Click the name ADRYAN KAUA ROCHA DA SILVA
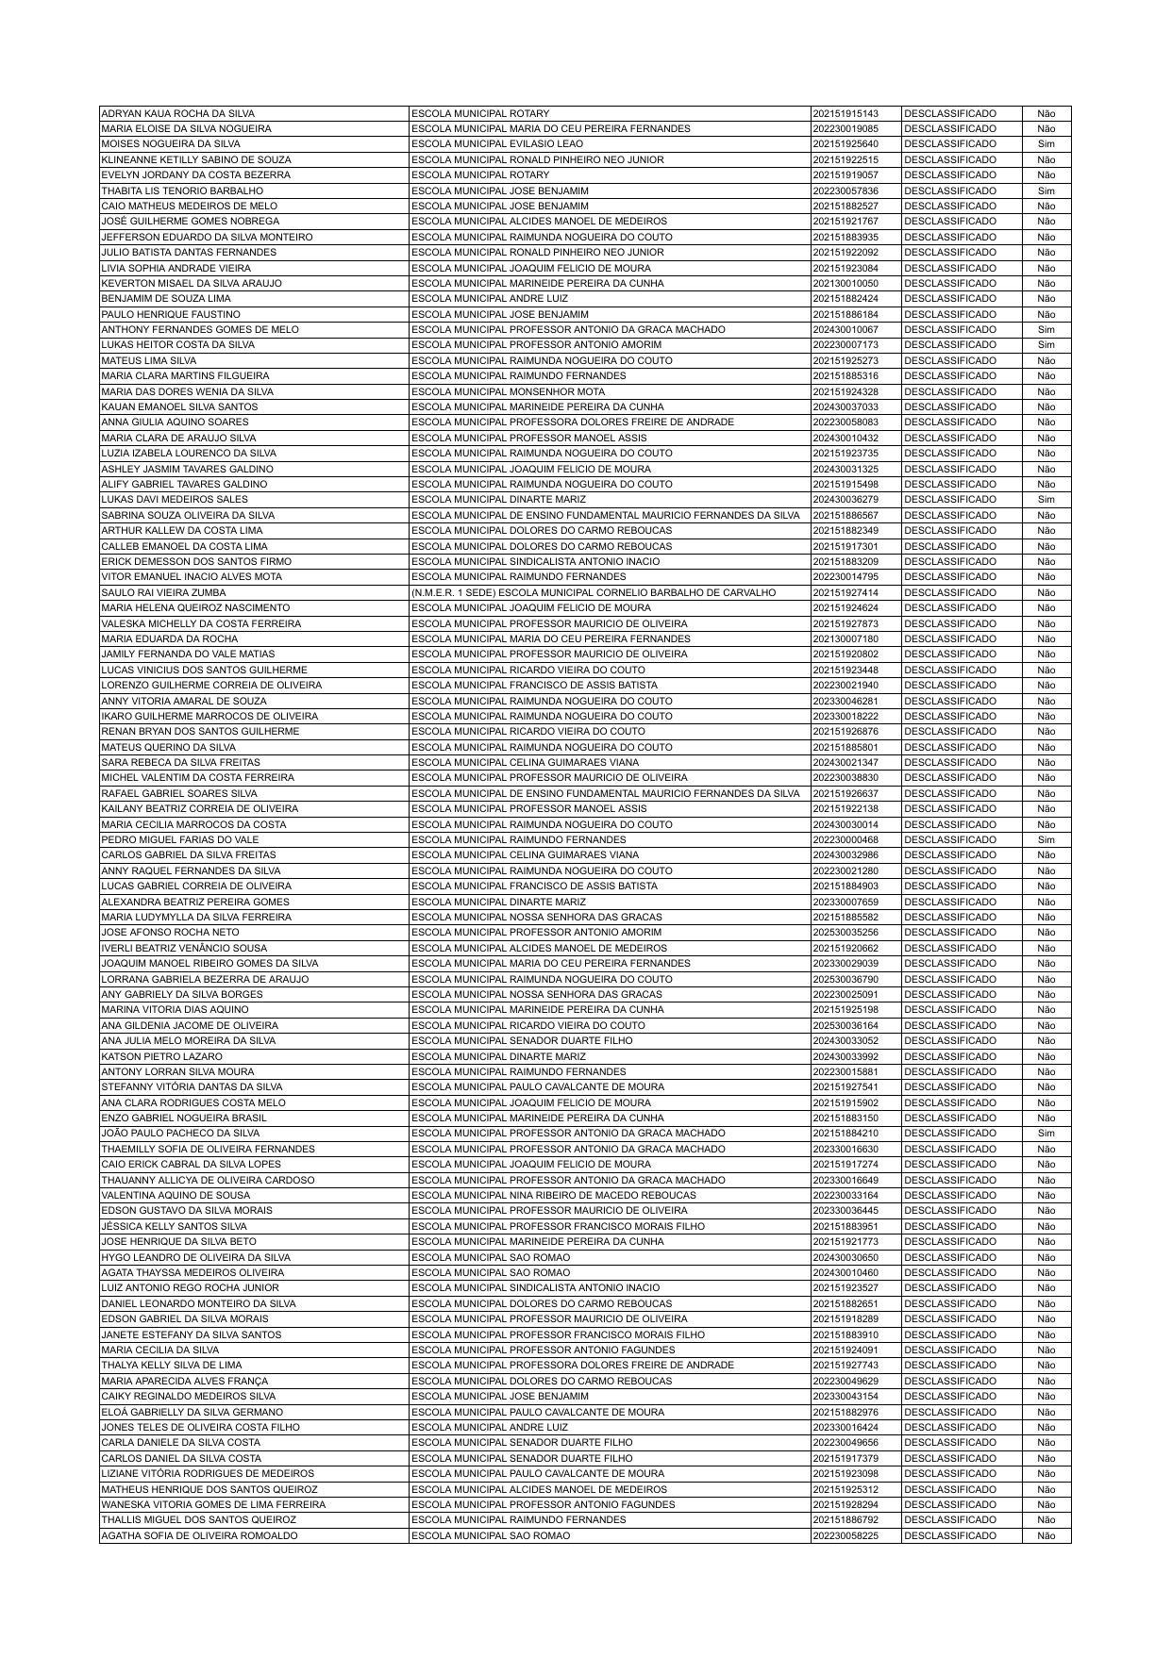[177, 113]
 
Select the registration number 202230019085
[845, 128]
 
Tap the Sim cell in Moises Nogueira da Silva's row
[1046, 144]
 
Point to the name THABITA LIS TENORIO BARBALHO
[182, 191]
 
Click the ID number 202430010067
[845, 330]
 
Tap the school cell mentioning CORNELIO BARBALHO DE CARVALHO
[594, 592]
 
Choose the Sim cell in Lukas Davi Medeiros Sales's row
[1046, 500]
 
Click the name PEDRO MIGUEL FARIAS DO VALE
[179, 839]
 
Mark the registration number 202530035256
[845, 933]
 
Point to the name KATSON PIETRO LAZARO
[161, 1056]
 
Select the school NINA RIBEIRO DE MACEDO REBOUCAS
[554, 1195]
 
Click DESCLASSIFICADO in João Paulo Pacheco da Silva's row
[949, 1134]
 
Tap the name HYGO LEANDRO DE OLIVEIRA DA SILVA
[195, 1257]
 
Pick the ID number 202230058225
[845, 1535]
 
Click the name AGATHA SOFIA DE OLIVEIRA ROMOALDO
[199, 1535]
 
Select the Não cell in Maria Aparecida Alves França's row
[1046, 1381]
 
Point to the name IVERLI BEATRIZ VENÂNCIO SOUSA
[184, 948]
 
